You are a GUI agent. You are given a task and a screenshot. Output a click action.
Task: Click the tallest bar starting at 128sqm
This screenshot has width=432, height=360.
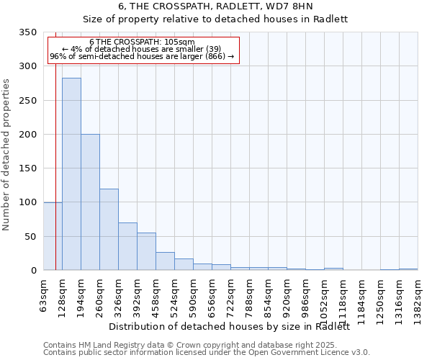point(71,174)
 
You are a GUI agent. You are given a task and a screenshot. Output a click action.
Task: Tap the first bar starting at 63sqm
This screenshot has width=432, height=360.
point(53,236)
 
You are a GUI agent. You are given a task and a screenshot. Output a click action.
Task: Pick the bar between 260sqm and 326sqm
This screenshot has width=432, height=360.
point(109,230)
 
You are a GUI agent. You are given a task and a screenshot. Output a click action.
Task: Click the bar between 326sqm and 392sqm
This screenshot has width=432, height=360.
point(127,246)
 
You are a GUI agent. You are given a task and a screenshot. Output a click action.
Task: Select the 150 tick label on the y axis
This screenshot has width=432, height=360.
point(28,168)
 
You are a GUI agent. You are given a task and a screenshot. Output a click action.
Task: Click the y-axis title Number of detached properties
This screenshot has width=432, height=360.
point(7,155)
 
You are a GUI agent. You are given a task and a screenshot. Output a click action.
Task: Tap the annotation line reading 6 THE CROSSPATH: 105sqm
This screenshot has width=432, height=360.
point(142,42)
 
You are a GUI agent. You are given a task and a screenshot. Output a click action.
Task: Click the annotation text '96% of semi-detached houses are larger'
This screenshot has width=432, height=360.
point(142,57)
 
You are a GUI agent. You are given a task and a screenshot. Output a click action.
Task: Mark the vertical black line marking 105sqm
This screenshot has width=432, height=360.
point(55,144)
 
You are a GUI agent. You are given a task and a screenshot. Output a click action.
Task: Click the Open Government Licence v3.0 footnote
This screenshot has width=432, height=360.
point(207,352)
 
